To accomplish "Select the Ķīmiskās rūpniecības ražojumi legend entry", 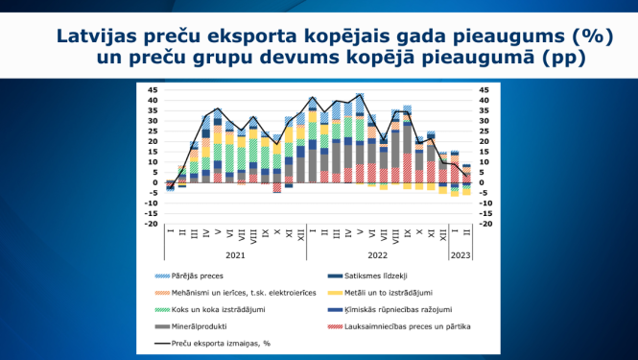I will click(x=393, y=310).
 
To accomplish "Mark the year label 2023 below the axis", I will click(x=461, y=256).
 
